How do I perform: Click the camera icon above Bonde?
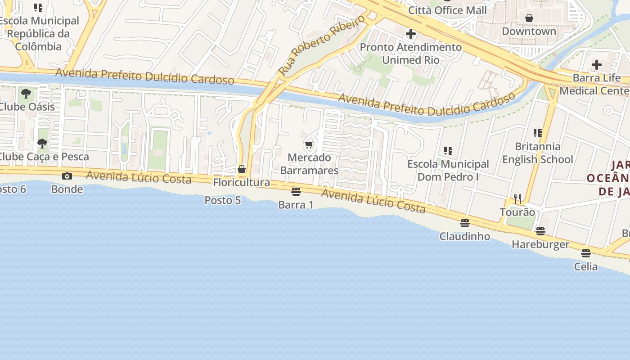click(x=67, y=176)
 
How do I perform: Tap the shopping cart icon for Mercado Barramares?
click(x=309, y=144)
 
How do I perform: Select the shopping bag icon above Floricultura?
click(x=242, y=169)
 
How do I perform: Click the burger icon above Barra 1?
click(x=296, y=192)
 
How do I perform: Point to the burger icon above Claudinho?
click(x=465, y=223)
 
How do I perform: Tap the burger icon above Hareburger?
click(x=540, y=231)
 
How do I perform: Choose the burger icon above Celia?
click(x=585, y=253)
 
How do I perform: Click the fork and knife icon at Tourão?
click(x=517, y=198)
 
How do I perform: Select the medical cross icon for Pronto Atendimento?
click(x=410, y=34)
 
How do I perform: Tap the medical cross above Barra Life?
click(x=597, y=65)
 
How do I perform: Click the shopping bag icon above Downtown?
click(x=529, y=18)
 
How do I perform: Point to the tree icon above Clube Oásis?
click(x=26, y=94)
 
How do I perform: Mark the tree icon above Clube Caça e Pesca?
click(x=42, y=144)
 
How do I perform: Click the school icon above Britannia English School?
click(x=538, y=133)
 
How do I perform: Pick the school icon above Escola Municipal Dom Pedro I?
click(x=448, y=151)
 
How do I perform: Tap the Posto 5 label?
click(x=223, y=200)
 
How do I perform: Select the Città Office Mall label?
click(x=447, y=10)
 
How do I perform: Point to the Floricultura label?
click(x=242, y=182)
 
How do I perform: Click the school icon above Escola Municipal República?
click(x=38, y=8)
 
